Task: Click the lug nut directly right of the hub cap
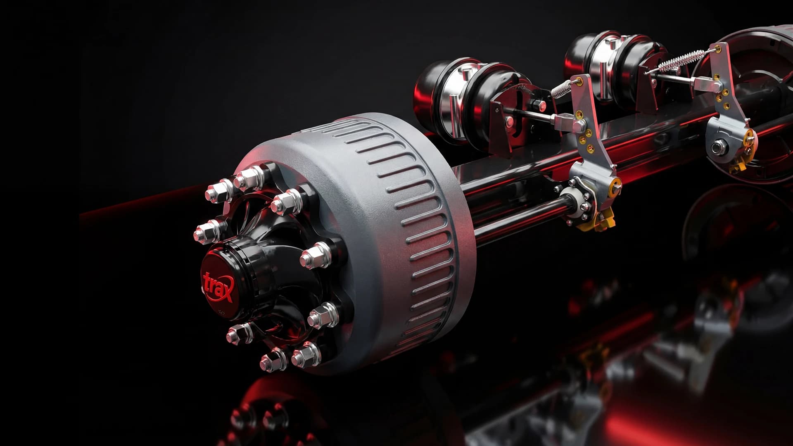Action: [315, 255]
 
